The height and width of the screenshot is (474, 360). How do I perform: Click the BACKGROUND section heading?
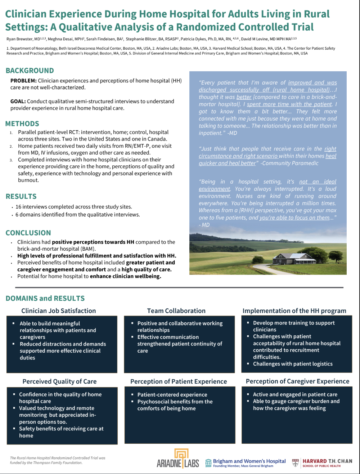coord(30,71)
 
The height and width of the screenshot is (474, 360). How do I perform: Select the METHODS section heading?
coord(22,124)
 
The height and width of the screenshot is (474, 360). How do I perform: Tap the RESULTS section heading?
coord(21,196)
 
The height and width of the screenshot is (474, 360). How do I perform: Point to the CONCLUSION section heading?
coord(28,233)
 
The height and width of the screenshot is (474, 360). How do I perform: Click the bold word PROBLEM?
coord(23,81)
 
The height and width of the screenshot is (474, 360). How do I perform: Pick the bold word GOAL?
coord(18,101)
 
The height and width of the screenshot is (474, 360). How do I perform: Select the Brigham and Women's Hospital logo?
coord(246,462)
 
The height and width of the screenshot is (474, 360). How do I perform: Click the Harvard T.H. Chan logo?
coord(322,462)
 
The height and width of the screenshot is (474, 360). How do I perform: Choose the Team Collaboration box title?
coord(176,311)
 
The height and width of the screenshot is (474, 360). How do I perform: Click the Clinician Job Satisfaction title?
coord(59,311)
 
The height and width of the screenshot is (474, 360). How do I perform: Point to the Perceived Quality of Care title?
coord(59,381)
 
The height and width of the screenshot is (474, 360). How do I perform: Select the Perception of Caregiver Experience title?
coord(297,381)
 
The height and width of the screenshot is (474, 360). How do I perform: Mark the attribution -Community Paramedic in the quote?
coord(289,163)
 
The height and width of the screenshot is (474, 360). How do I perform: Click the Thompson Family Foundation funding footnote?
coord(58,460)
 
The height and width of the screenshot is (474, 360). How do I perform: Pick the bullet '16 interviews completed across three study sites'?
coord(74,207)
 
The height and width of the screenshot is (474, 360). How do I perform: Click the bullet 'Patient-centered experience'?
coord(172,395)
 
